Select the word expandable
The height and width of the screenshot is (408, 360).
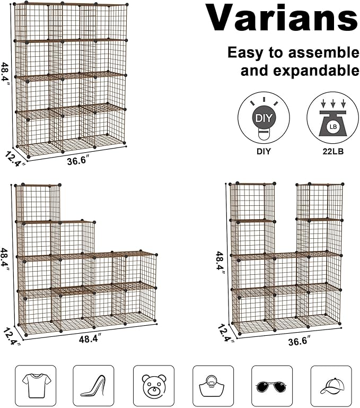tap(300, 71)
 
